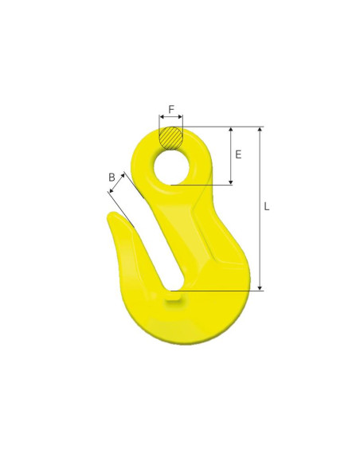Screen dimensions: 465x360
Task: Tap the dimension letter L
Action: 267,206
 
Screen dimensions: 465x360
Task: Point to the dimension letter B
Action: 112,176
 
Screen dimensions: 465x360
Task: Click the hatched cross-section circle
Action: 170,138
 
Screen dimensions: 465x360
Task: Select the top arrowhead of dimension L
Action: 260,129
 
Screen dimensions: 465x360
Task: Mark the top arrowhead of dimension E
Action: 231,129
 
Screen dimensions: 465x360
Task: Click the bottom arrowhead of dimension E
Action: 231,182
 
